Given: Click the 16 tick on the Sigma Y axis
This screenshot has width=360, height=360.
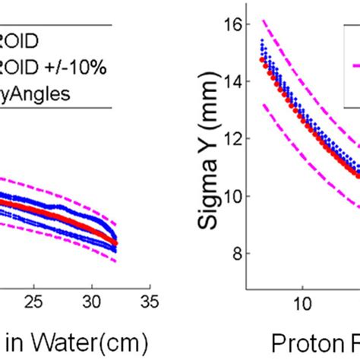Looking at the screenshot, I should [238, 24].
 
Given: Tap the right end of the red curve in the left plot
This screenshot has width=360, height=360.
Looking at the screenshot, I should [115, 244].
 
